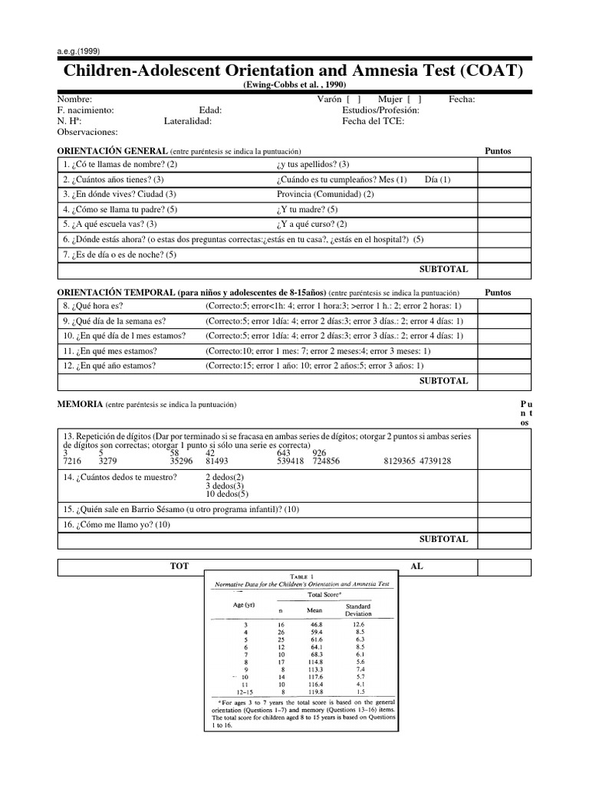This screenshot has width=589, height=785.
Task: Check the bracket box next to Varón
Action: [354, 100]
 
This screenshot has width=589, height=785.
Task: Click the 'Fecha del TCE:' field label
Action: [373, 121]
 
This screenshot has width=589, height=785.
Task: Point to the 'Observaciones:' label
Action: [87, 132]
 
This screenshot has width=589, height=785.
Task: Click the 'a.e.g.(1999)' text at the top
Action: [79, 52]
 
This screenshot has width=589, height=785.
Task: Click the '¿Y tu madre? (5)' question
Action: [306, 209]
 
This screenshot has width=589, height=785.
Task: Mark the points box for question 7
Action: [505, 255]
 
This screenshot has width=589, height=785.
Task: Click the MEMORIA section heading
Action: [80, 404]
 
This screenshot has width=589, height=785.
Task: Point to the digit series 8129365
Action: [405, 461]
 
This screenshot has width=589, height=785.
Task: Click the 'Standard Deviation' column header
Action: [357, 609]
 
